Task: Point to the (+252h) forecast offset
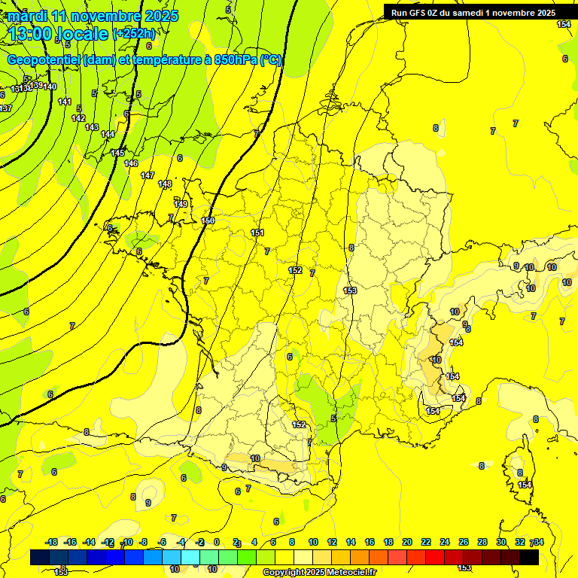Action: (x=135, y=34)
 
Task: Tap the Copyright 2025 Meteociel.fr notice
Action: (x=319, y=573)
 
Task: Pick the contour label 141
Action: (x=65, y=102)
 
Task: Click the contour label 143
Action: (x=92, y=127)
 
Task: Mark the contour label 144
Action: (x=108, y=135)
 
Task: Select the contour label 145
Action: (x=117, y=153)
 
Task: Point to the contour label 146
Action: (x=131, y=163)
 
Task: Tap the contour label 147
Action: (x=148, y=175)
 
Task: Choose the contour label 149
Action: (x=181, y=204)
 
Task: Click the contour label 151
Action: (x=257, y=233)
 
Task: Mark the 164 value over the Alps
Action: (x=456, y=343)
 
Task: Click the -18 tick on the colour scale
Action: (x=52, y=542)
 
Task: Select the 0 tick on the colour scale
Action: (x=216, y=542)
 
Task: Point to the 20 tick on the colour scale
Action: (x=407, y=542)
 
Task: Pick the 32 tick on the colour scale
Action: (x=519, y=542)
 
